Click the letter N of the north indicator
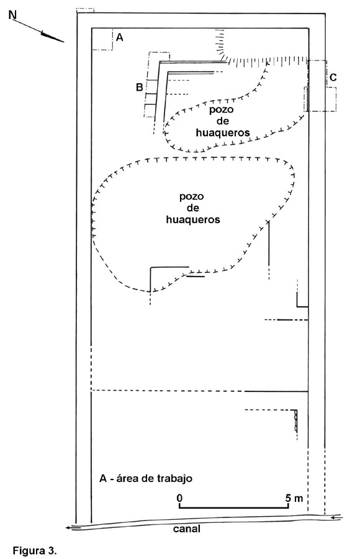(x=13, y=15)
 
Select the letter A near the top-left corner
(x=120, y=37)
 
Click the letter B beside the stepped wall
(x=140, y=87)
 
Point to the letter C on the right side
(x=333, y=78)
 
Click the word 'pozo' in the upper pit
(x=222, y=109)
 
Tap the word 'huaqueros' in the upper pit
(x=223, y=133)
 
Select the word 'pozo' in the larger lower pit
(x=191, y=196)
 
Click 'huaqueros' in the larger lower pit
(x=193, y=219)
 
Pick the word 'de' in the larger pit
(x=193, y=207)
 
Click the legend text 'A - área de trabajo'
(x=146, y=478)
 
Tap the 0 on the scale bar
(x=179, y=498)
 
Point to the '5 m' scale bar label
(x=294, y=498)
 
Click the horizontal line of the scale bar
(x=234, y=507)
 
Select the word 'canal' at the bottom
(x=186, y=529)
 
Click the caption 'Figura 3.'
(x=35, y=550)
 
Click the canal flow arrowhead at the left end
(x=68, y=529)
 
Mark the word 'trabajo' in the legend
(x=174, y=478)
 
